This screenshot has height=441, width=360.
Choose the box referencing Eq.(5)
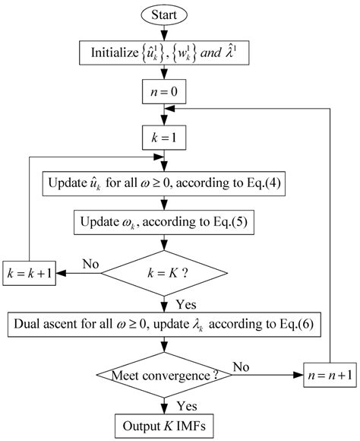coord(164,224)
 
